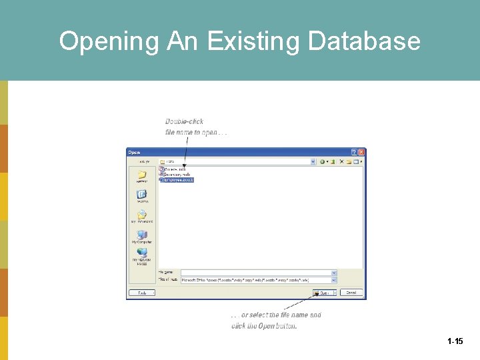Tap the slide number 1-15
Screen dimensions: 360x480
[455, 341]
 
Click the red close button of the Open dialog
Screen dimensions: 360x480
[361, 153]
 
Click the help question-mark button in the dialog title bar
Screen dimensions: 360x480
[354, 153]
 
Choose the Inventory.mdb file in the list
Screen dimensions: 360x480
[177, 175]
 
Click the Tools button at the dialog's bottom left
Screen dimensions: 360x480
[142, 293]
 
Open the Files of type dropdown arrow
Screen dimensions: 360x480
[334, 281]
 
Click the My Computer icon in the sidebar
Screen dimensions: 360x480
[142, 236]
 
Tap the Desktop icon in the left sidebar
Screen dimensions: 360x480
[142, 196]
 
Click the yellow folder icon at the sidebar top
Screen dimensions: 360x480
[142, 176]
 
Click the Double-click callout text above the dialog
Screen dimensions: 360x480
[184, 121]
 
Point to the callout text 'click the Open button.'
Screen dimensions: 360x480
[264, 326]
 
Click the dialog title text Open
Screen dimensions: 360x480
[135, 153]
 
